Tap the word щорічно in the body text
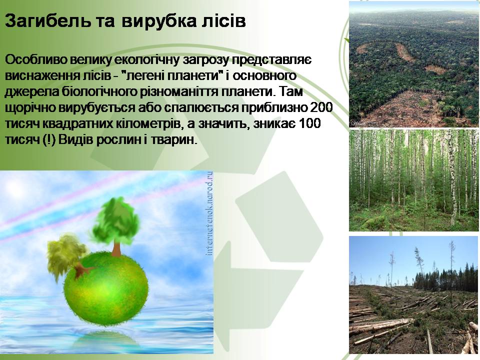point(29,108)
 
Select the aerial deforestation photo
point(413,64)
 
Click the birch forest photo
point(413,180)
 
